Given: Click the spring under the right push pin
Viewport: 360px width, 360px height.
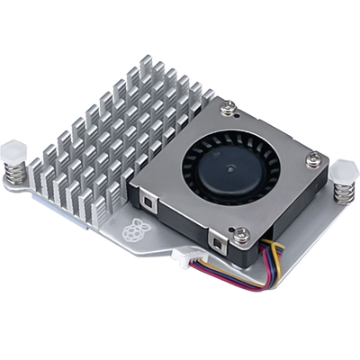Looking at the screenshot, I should coord(344,193).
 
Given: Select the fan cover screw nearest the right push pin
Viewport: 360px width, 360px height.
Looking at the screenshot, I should coord(311,160).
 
